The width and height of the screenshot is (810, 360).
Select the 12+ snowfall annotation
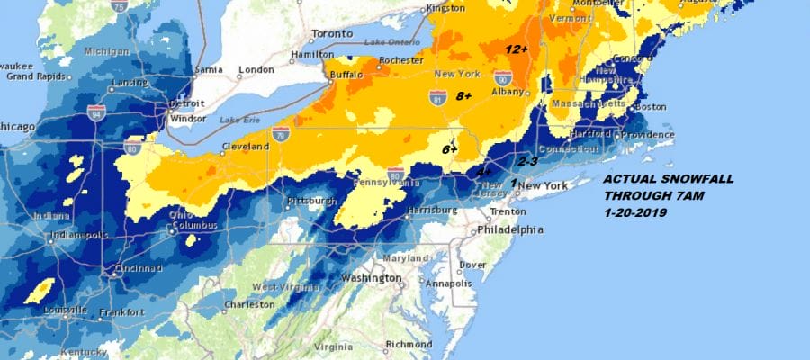tap(516, 49)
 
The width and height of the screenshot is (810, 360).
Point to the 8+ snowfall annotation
tap(464, 96)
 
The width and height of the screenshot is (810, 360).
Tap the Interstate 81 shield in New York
tap(438, 97)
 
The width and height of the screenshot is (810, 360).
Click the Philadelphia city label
tap(509, 230)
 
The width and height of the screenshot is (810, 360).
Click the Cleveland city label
tap(246, 146)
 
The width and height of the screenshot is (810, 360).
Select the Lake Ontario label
tap(392, 43)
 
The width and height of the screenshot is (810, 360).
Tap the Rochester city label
tap(400, 61)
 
